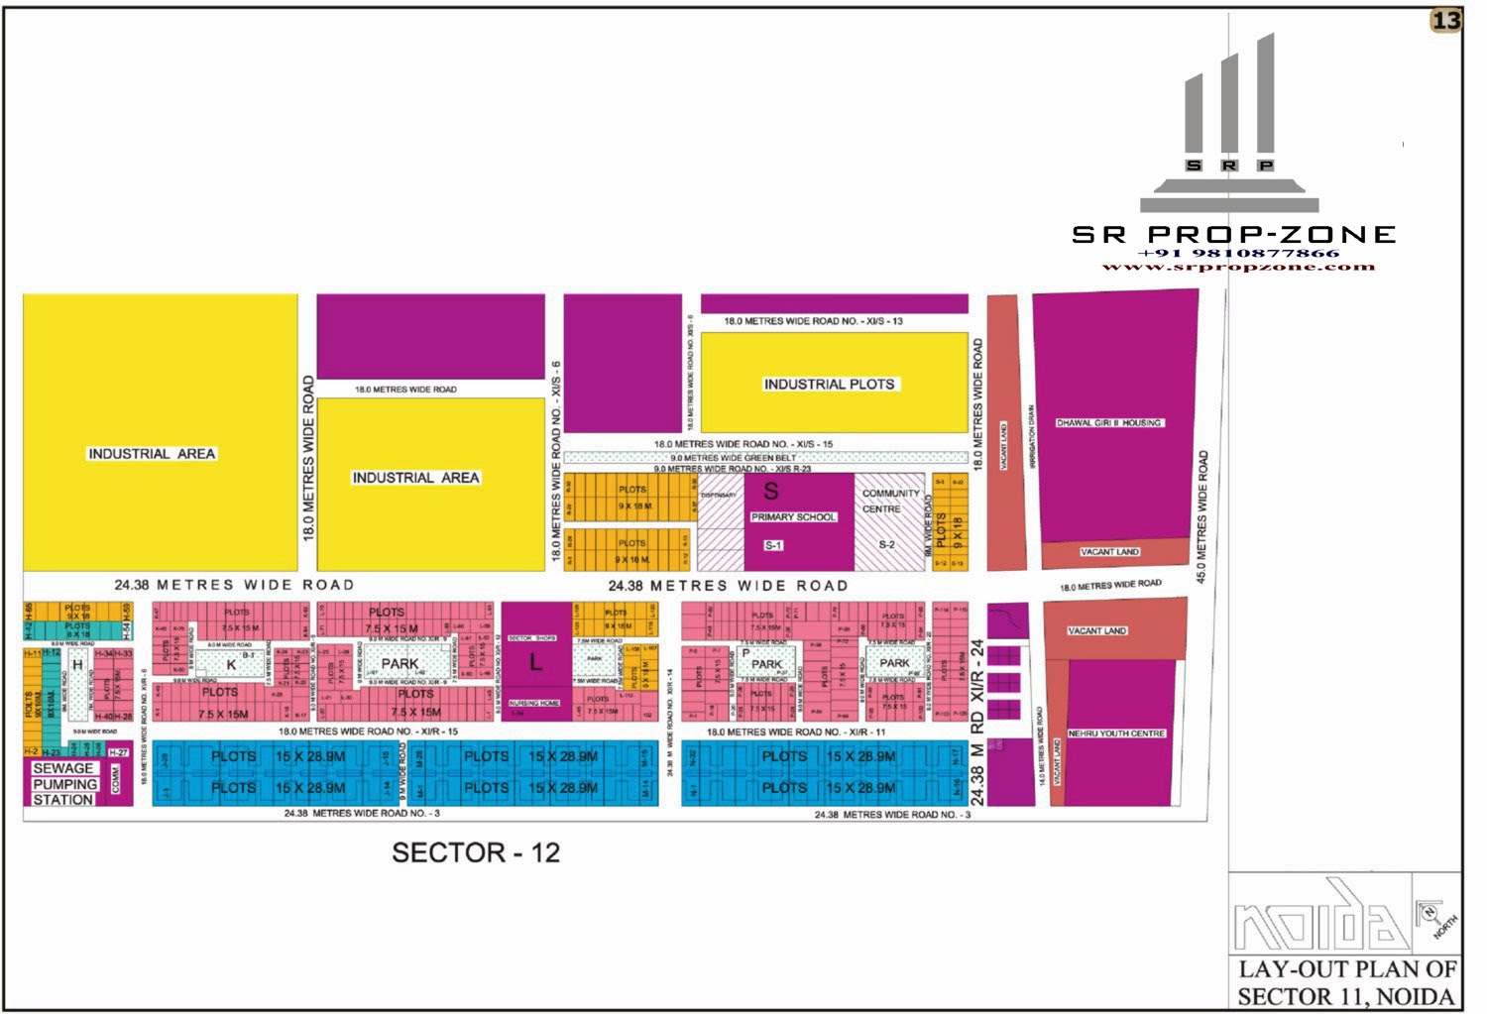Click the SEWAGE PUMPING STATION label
click(63, 784)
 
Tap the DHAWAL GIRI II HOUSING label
click(1108, 423)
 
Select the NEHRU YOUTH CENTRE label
click(1116, 733)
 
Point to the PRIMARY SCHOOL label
click(793, 517)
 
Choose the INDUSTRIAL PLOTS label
click(829, 385)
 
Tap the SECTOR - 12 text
click(476, 852)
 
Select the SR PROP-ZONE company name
click(1233, 235)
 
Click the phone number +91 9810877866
click(1238, 254)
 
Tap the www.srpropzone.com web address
click(1238, 267)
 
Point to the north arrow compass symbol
click(1433, 917)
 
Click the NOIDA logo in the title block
click(1318, 917)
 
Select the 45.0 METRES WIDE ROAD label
click(1202, 516)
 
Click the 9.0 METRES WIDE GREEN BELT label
click(733, 458)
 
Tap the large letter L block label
click(535, 662)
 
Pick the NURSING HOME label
click(534, 703)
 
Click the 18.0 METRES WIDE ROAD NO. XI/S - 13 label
click(813, 321)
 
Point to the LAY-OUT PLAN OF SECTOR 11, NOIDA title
click(1346, 983)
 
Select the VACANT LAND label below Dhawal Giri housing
click(1109, 552)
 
